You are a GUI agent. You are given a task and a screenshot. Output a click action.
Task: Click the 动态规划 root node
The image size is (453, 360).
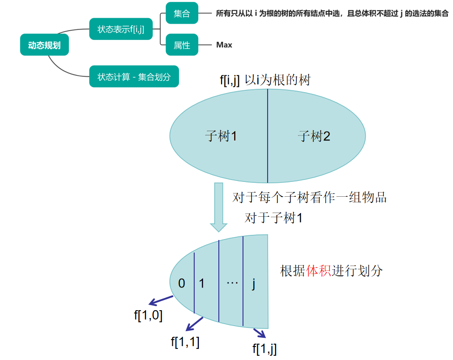(x=44, y=46)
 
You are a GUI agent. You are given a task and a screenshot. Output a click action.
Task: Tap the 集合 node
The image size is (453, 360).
(x=182, y=14)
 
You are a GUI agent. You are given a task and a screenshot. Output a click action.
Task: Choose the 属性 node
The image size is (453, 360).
(x=182, y=45)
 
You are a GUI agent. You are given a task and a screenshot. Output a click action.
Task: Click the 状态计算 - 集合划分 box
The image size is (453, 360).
(x=134, y=76)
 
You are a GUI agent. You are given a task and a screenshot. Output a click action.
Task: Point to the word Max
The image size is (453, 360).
(x=224, y=45)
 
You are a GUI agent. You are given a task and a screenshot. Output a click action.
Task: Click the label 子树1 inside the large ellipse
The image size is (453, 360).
(x=221, y=136)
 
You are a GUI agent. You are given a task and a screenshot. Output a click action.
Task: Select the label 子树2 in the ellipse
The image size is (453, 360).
(x=314, y=136)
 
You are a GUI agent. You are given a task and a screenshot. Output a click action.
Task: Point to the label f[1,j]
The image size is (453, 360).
(x=264, y=348)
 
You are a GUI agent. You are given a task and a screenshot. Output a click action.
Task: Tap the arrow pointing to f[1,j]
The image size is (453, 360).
(x=259, y=333)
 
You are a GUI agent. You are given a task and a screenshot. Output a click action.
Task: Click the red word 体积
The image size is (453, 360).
(x=318, y=271)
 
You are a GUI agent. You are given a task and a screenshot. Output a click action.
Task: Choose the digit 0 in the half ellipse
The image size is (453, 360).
(x=182, y=283)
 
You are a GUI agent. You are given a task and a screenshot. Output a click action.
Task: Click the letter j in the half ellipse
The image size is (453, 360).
(x=254, y=283)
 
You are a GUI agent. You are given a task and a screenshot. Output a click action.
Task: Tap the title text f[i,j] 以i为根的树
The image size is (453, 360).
(x=265, y=80)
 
